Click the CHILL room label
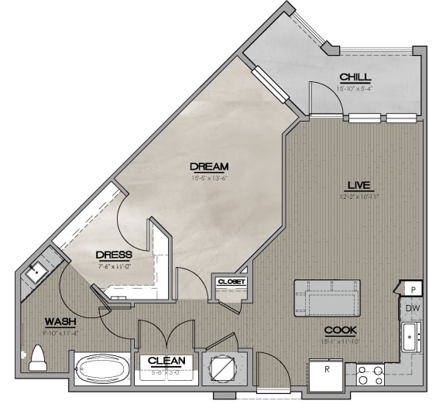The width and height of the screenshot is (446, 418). (x=355, y=77)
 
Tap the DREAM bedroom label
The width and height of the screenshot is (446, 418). (x=209, y=166)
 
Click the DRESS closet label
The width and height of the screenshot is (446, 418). (x=114, y=255)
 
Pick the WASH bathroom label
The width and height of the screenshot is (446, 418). (x=60, y=321)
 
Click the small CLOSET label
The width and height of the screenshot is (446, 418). (x=232, y=282)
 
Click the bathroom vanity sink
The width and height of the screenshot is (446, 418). (x=36, y=271)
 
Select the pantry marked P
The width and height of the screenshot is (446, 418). (x=413, y=289)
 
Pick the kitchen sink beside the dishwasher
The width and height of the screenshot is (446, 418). (x=411, y=337)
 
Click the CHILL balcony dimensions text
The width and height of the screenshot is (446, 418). (x=355, y=88)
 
